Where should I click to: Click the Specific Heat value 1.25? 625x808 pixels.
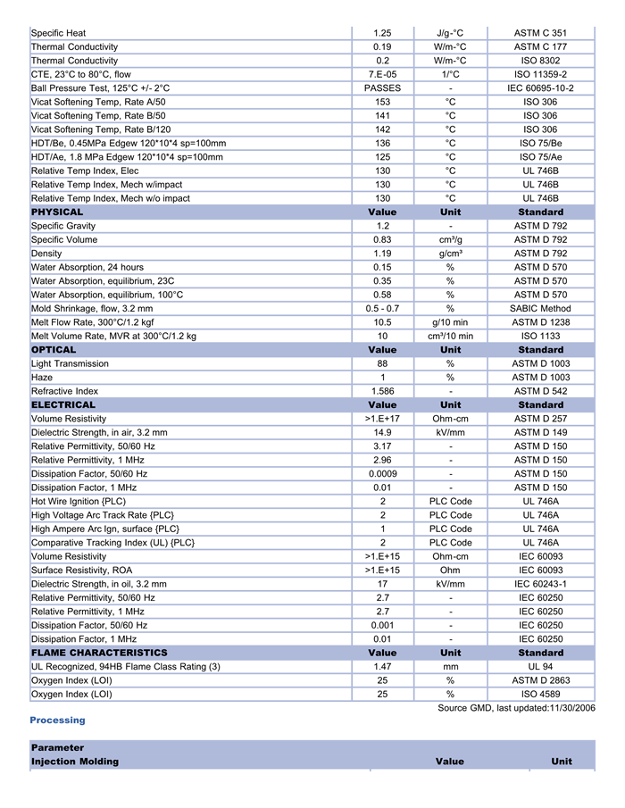pyautogui.click(x=382, y=33)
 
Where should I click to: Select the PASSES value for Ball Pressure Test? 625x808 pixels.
pyautogui.click(x=382, y=88)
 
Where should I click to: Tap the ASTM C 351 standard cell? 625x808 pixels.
pyautogui.click(x=540, y=33)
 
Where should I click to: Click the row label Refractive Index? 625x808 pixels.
pyautogui.click(x=64, y=391)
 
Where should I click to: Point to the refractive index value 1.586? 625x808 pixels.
pyautogui.click(x=382, y=391)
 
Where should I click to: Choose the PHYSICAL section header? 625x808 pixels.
pyautogui.click(x=57, y=212)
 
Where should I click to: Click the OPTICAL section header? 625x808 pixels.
pyautogui.click(x=54, y=350)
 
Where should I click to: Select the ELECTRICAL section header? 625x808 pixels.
pyautogui.click(x=63, y=405)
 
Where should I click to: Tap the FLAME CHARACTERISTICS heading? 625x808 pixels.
pyautogui.click(x=99, y=653)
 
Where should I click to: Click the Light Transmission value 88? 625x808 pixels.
pyautogui.click(x=382, y=363)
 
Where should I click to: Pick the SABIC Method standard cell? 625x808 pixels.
pyautogui.click(x=540, y=308)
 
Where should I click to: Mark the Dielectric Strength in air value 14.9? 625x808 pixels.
pyautogui.click(x=382, y=432)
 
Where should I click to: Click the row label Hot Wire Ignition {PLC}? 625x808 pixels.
pyautogui.click(x=79, y=501)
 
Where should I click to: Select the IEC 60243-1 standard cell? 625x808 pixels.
pyautogui.click(x=540, y=584)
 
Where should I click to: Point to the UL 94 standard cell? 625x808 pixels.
pyautogui.click(x=540, y=666)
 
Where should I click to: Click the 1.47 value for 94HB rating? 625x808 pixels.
pyautogui.click(x=382, y=666)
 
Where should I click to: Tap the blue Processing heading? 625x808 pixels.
pyautogui.click(x=57, y=720)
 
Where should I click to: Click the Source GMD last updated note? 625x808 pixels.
pyautogui.click(x=516, y=708)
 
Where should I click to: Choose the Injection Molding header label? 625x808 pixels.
pyautogui.click(x=75, y=762)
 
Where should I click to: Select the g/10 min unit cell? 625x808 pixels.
pyautogui.click(x=451, y=322)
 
